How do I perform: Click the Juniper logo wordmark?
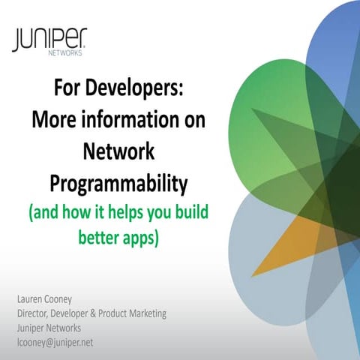tap(49, 38)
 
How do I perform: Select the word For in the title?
tap(67, 91)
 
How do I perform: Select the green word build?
tap(188, 211)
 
